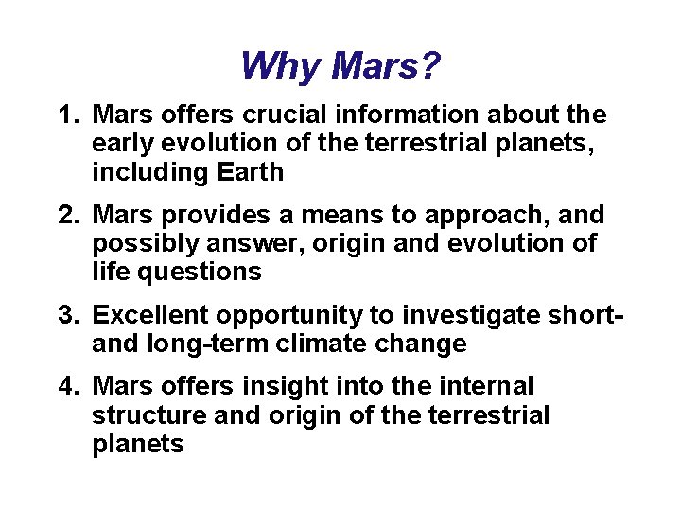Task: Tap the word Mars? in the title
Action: click(x=385, y=67)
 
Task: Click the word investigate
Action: click(x=469, y=315)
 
